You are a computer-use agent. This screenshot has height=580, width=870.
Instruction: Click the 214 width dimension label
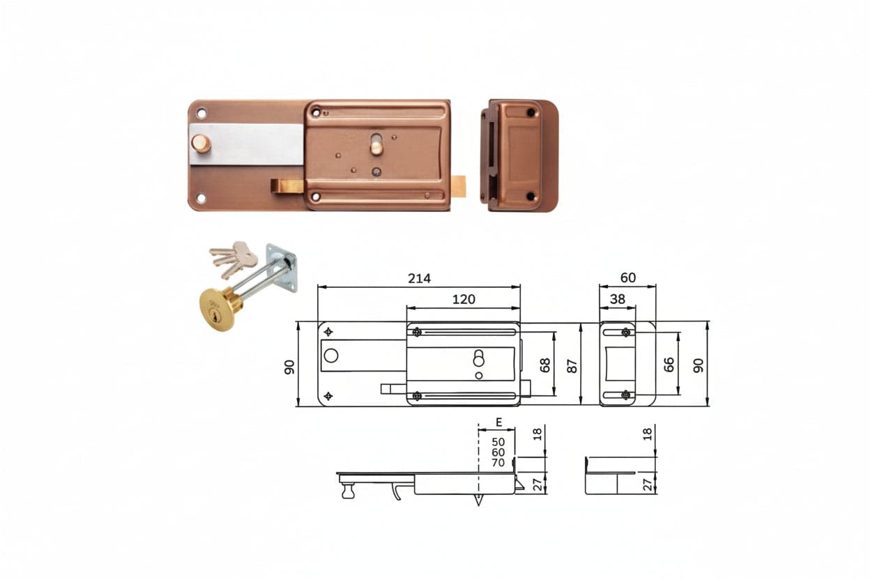(419, 278)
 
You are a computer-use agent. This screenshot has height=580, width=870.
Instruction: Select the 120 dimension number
(464, 299)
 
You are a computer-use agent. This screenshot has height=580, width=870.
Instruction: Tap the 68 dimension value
(545, 365)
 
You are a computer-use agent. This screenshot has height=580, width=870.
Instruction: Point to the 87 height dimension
(572, 366)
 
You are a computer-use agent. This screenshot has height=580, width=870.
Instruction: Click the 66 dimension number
(669, 365)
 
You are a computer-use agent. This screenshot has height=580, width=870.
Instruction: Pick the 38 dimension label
(618, 299)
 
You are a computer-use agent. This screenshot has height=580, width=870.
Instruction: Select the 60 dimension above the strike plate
(628, 277)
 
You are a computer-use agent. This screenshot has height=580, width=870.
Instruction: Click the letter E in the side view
(499, 422)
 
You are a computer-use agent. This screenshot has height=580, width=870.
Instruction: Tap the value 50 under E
(498, 442)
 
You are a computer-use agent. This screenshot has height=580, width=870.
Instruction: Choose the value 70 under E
(498, 463)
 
